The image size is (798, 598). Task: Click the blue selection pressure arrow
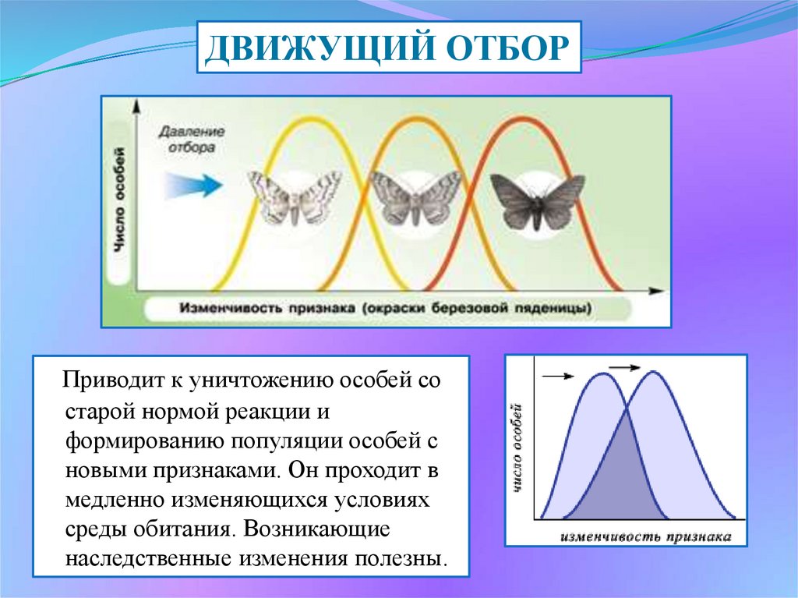(x=193, y=185)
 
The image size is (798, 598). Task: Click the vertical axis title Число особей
(x=119, y=199)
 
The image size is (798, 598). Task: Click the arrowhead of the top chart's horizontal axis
(x=659, y=291)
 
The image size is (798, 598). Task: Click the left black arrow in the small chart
(x=558, y=377)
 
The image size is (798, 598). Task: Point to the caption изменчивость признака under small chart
(x=646, y=536)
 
